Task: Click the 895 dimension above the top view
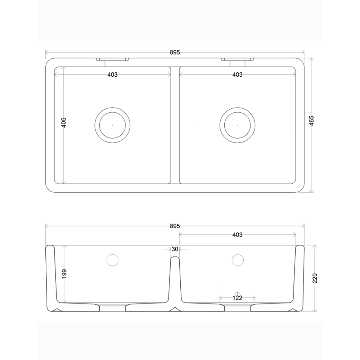tap(175, 52)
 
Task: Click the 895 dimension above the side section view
tap(175, 226)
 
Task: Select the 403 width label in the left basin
tap(112, 75)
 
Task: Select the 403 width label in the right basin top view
tap(237, 75)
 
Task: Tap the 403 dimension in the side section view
tap(237, 235)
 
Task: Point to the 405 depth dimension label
tap(63, 123)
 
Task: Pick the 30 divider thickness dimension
tap(175, 249)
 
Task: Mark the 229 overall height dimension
tap(315, 278)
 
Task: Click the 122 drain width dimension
tap(237, 298)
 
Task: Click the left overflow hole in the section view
tap(112, 259)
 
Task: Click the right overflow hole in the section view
tap(237, 259)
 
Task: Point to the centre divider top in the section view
tap(175, 258)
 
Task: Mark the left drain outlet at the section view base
tap(112, 307)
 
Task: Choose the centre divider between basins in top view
tap(175, 125)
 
